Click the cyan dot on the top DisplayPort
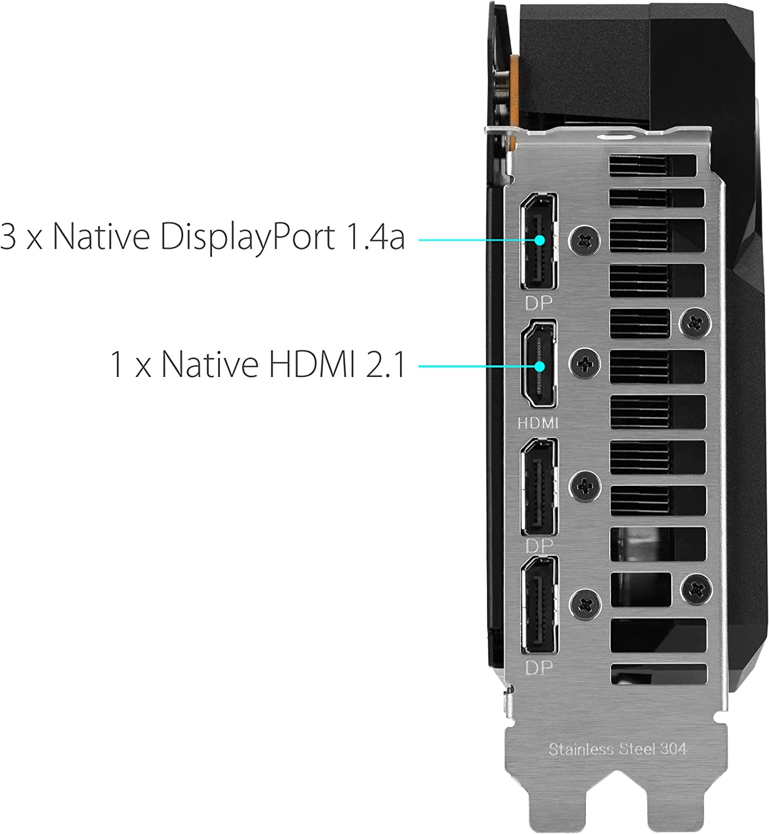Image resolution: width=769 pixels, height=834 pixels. coord(540,240)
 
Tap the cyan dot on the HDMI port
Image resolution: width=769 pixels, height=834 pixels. coord(540,366)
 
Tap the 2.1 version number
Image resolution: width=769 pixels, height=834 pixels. coord(385,364)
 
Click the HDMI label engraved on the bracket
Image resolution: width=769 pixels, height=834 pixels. coord(538,423)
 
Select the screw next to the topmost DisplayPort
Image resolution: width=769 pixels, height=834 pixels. coord(585,240)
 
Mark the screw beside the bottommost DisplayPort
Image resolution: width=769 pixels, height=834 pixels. coord(585,604)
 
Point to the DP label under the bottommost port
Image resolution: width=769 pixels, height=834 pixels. coord(539,668)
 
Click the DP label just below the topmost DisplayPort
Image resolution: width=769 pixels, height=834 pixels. coord(539,304)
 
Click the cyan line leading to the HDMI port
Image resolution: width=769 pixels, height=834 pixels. coord(476,366)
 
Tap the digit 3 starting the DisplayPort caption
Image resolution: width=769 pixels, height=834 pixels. coord(8,237)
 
